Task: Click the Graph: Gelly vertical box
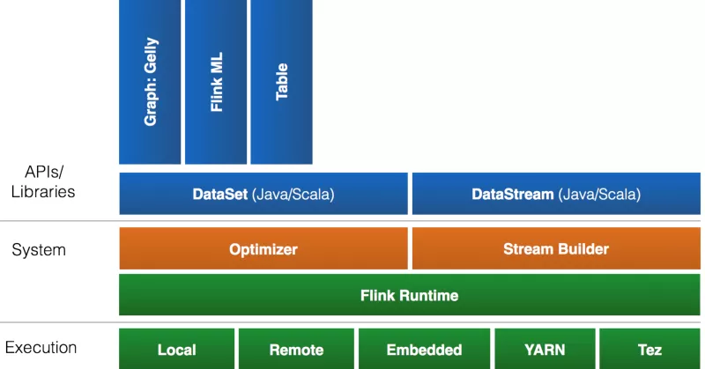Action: [x=150, y=82]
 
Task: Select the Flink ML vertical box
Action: [x=216, y=82]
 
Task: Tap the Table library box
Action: [x=281, y=82]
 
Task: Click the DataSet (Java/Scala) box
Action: [x=263, y=194]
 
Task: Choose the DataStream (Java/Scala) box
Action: [x=556, y=194]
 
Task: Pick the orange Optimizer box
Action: [x=263, y=248]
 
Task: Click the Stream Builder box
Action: [x=556, y=248]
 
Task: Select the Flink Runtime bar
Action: [x=410, y=295]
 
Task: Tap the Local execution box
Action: [x=177, y=350]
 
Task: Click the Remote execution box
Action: [x=296, y=350]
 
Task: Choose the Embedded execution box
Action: [x=424, y=350]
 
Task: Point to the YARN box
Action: [x=545, y=350]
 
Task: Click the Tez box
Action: [x=649, y=350]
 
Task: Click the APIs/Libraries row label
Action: [x=43, y=181]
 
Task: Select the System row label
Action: [x=39, y=249]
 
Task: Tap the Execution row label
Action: [x=41, y=348]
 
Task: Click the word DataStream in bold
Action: [x=513, y=194]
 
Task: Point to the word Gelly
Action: [x=151, y=55]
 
